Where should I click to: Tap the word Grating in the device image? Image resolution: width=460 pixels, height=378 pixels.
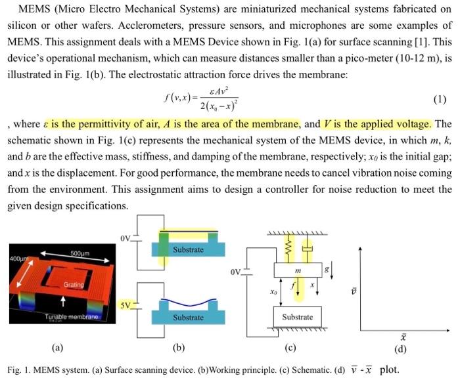click(x=73, y=285)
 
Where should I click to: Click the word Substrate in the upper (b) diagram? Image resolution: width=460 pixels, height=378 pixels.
click(x=188, y=249)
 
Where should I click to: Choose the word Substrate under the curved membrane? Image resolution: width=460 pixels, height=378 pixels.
click(x=188, y=318)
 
